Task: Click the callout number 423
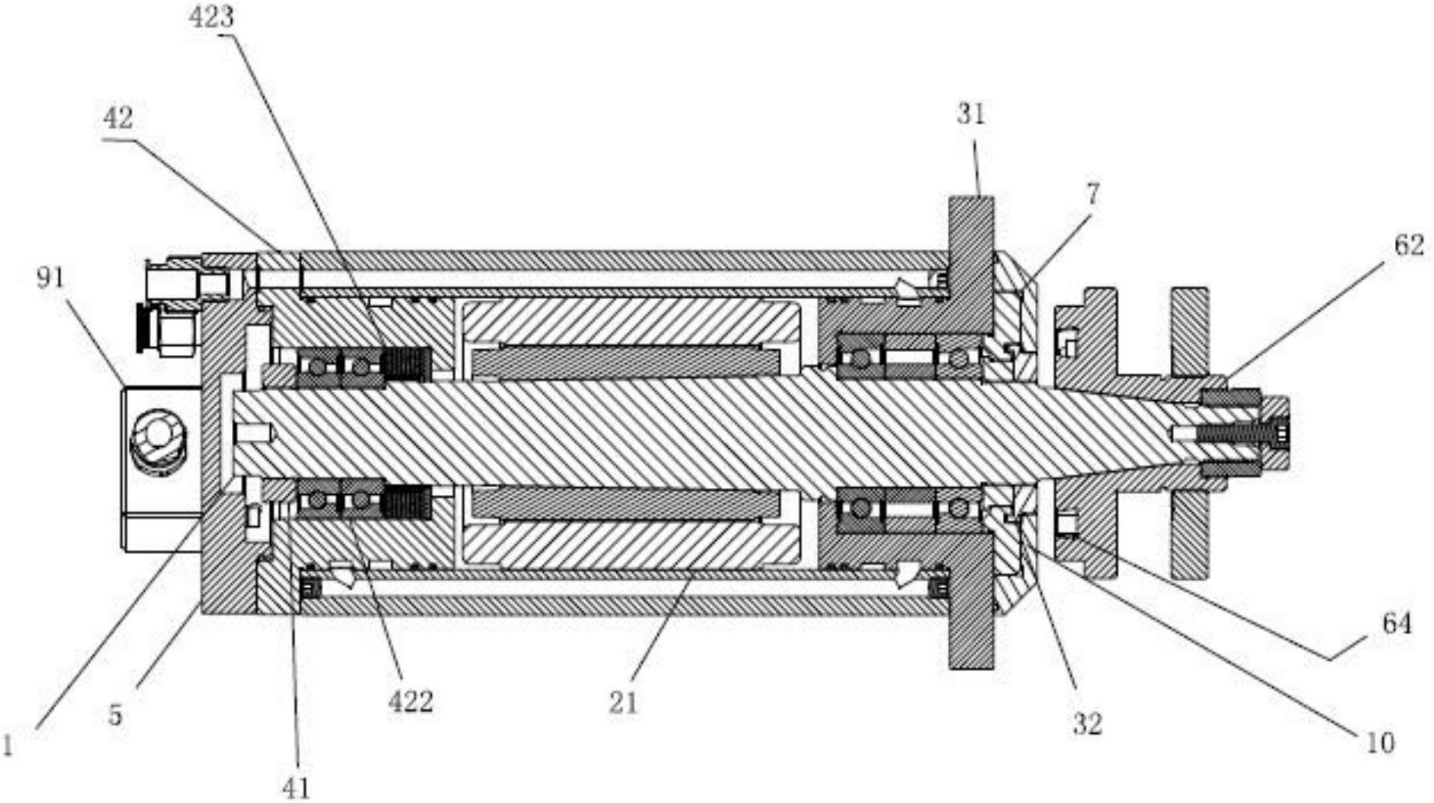[x=211, y=16]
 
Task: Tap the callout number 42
[x=117, y=118]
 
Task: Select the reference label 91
[x=50, y=278]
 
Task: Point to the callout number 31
[x=971, y=113]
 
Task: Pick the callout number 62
[x=1409, y=245]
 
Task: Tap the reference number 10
[x=1379, y=743]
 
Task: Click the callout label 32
[x=1087, y=723]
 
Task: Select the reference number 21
[x=623, y=702]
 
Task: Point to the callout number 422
[x=411, y=701]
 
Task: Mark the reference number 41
[x=296, y=788]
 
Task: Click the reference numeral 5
[x=115, y=714]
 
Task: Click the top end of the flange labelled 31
[x=971, y=200]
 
